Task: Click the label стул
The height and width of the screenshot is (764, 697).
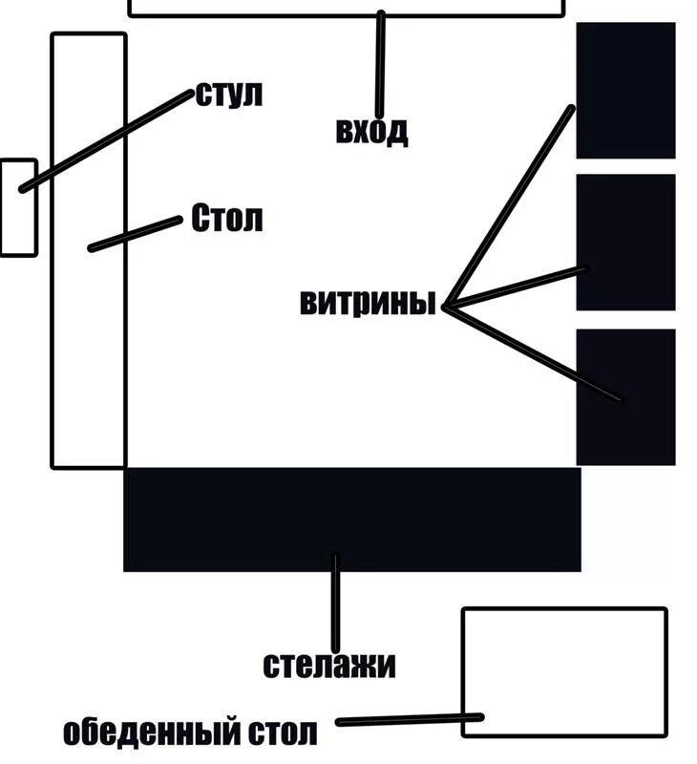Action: pyautogui.click(x=229, y=95)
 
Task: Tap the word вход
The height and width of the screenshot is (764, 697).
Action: pyautogui.click(x=371, y=130)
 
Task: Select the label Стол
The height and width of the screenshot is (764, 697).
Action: pyautogui.click(x=226, y=219)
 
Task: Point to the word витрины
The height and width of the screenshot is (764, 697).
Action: pyautogui.click(x=368, y=303)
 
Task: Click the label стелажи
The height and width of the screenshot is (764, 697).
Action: pyautogui.click(x=328, y=665)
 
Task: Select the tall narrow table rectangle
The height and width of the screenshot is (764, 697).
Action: pyautogui.click(x=88, y=363)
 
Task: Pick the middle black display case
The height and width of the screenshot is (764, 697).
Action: pyautogui.click(x=625, y=242)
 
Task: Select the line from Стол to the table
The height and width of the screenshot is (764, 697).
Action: pyautogui.click(x=134, y=235)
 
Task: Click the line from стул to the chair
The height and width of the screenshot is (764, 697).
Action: pyautogui.click(x=105, y=141)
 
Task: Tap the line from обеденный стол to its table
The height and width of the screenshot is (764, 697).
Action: pyautogui.click(x=411, y=720)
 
